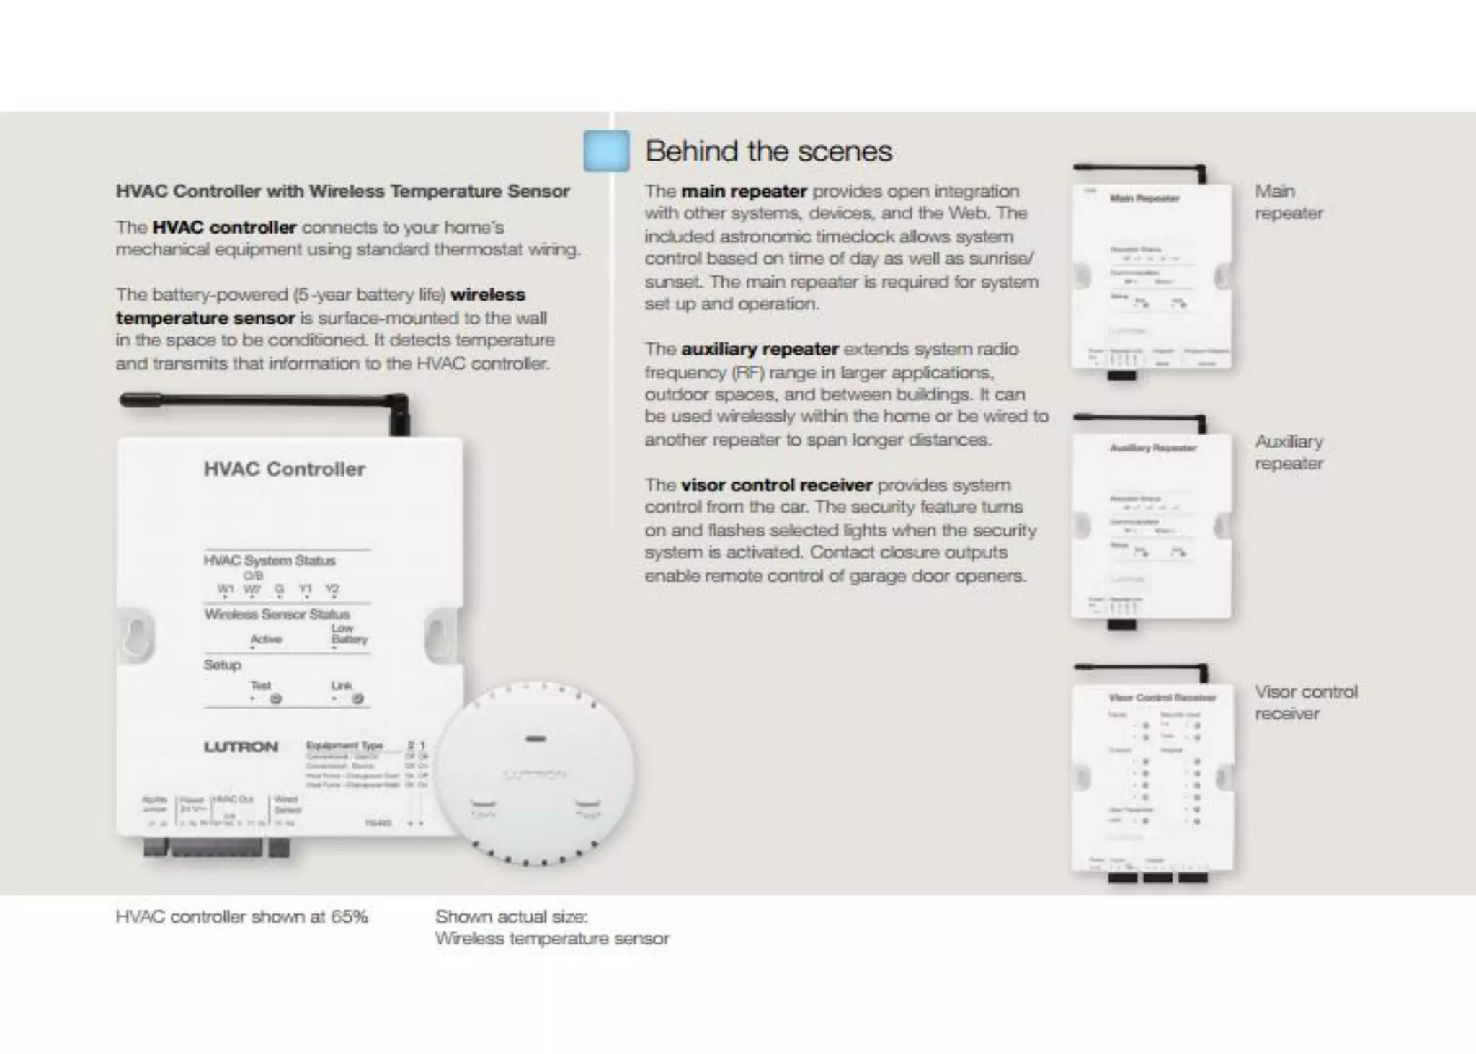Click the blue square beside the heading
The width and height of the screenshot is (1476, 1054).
606,151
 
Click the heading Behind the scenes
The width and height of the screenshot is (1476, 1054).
768,151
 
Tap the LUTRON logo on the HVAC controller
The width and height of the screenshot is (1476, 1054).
241,747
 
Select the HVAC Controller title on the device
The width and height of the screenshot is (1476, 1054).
284,469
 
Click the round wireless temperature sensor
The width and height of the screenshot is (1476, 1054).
535,774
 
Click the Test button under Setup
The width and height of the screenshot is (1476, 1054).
275,699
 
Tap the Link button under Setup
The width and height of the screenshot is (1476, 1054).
357,699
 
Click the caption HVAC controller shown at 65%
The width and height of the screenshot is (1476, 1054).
241,917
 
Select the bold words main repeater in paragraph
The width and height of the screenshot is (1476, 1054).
744,191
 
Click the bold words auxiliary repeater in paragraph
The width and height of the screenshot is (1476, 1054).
760,349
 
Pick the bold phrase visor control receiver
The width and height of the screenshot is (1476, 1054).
776,484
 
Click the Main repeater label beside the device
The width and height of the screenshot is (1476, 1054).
1289,202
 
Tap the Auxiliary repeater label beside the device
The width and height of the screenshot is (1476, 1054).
1289,452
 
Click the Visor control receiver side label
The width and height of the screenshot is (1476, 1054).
1305,702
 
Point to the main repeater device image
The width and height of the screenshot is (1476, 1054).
1152,278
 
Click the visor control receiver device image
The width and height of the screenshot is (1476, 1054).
1152,779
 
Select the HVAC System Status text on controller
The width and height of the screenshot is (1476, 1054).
269,560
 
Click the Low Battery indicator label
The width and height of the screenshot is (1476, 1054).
349,634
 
